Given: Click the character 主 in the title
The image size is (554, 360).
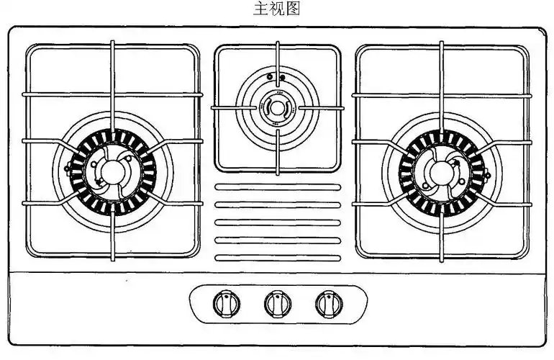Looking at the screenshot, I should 263,9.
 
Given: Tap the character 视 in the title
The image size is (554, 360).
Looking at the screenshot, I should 277,9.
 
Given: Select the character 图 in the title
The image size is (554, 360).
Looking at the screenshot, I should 291,9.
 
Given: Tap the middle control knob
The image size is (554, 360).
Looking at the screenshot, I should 277,305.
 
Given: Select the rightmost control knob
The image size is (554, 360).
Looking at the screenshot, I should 329,305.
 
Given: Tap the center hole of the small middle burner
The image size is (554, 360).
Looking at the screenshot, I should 277,108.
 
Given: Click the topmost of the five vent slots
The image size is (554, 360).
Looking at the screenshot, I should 277,187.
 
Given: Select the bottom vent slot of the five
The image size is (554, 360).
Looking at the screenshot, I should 277,257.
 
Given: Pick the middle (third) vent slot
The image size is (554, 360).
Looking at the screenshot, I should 277,222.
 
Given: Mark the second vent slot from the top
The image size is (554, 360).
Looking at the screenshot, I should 277,204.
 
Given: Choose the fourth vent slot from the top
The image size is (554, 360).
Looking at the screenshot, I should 277,240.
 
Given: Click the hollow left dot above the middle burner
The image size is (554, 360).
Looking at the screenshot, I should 269,77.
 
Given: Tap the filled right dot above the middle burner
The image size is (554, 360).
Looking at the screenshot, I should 281,77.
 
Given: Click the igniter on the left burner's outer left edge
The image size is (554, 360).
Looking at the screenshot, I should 68,170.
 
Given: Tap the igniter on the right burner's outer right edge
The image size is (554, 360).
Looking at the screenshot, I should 486,173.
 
